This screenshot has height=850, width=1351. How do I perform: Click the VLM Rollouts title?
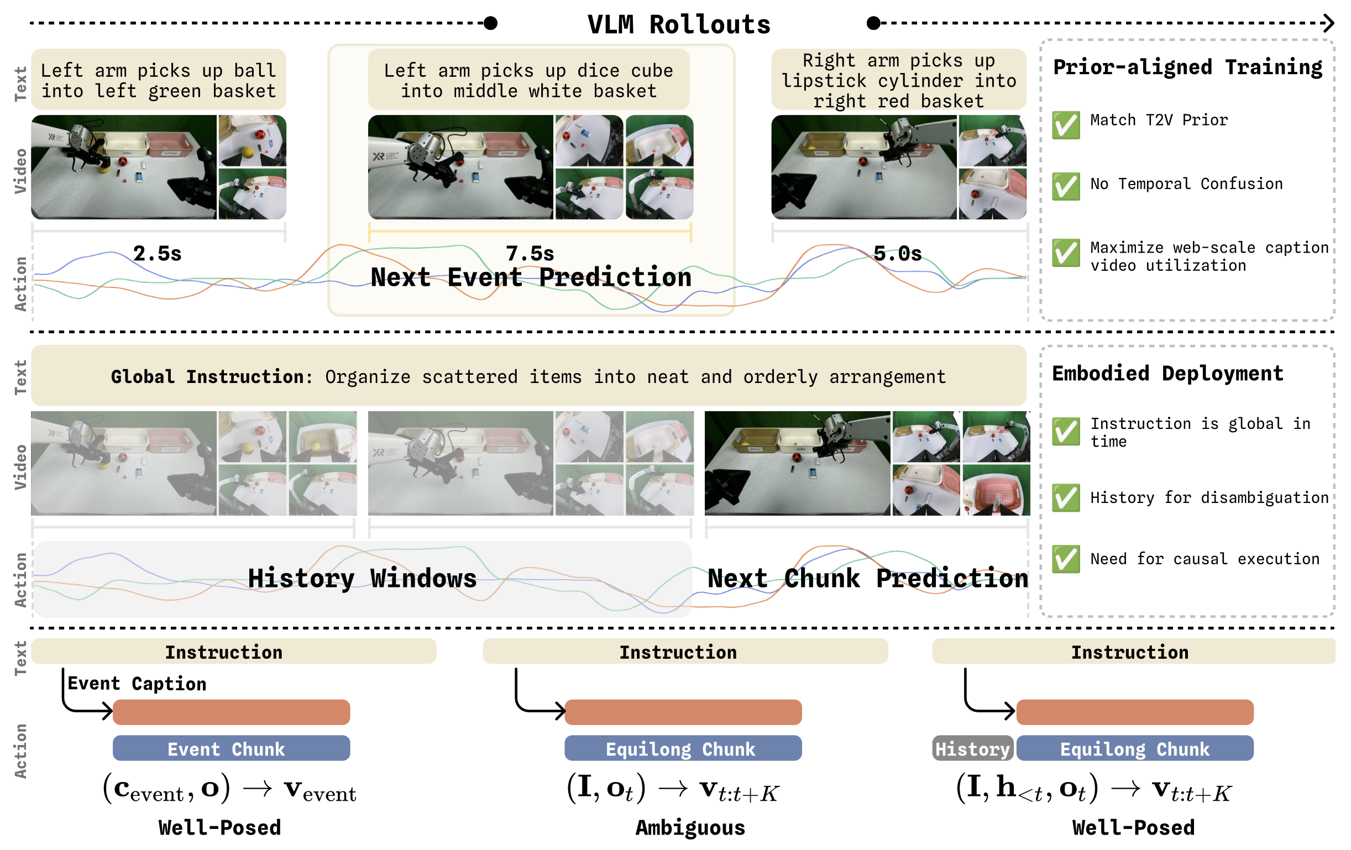click(x=679, y=25)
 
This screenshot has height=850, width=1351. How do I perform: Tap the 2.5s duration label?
click(x=157, y=254)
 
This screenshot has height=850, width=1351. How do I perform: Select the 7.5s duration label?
click(x=530, y=254)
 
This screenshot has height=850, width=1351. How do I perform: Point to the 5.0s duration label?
click(x=898, y=254)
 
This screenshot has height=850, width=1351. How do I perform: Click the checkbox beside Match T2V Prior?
click(x=1066, y=124)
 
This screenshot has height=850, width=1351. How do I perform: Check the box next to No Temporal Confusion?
click(x=1066, y=186)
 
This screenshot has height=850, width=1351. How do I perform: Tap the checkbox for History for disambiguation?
click(x=1066, y=497)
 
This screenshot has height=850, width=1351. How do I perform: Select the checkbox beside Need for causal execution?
click(x=1066, y=559)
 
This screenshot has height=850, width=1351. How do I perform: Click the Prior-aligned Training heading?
click(x=1188, y=67)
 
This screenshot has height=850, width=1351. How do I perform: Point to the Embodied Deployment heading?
click(x=1167, y=374)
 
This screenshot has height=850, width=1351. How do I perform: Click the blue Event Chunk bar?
click(x=231, y=748)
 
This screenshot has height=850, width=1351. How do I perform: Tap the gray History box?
click(x=973, y=748)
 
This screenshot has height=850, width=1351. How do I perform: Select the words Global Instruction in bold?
click(x=212, y=376)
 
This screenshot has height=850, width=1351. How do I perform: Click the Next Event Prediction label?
click(x=531, y=277)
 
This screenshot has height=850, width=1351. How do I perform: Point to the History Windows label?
click(x=363, y=579)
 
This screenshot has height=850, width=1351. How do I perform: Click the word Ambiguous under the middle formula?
click(x=690, y=828)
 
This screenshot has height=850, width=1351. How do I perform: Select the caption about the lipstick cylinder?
click(x=899, y=80)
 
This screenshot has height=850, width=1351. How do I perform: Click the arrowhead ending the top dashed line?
click(x=1328, y=24)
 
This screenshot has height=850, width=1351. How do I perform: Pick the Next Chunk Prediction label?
click(x=868, y=579)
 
